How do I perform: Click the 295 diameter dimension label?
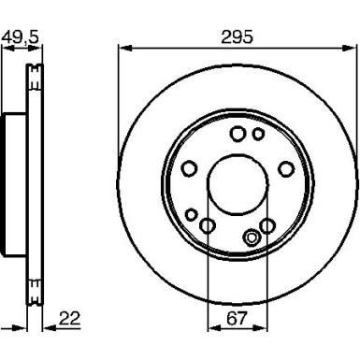237,37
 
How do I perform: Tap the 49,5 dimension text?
21,37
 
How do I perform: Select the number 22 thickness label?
69,318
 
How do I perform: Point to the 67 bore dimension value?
237,318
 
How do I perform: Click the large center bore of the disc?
238,184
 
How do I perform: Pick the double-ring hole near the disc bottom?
252,238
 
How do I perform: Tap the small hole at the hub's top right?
258,134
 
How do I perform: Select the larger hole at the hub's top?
238,134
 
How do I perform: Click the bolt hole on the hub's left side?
189,168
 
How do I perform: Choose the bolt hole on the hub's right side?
286,168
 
